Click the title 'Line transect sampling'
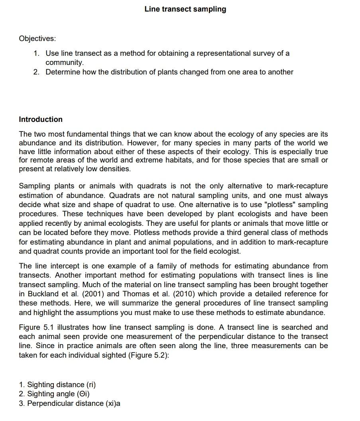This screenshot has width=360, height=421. click(x=185, y=9)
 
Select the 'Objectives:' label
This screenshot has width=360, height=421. click(x=37, y=39)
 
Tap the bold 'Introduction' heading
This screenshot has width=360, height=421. click(x=41, y=119)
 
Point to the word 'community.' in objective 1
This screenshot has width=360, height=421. click(x=65, y=63)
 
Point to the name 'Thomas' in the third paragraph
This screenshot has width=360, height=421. click(x=145, y=294)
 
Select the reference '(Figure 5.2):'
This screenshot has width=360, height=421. click(x=149, y=355)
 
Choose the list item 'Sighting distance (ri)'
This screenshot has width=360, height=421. click(x=61, y=385)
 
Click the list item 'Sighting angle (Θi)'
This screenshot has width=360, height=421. click(x=59, y=394)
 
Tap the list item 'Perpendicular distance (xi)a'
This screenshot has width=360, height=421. click(x=74, y=403)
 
